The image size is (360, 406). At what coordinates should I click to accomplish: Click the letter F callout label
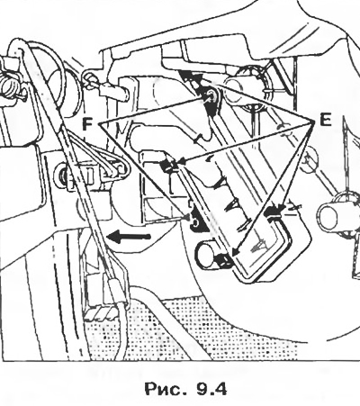tap(87, 123)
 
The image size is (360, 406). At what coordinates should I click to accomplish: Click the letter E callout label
tap(325, 120)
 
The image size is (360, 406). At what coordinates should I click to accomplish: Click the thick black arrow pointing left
tap(129, 238)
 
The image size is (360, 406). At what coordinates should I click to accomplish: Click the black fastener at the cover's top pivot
tap(211, 100)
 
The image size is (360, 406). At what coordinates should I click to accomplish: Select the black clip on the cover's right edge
tap(272, 212)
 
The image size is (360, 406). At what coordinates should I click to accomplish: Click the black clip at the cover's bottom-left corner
tap(224, 259)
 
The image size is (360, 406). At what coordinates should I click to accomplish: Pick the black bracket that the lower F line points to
tap(197, 220)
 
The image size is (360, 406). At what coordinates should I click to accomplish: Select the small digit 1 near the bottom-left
tap(80, 350)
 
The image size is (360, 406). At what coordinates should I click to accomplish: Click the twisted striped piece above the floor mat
tap(101, 314)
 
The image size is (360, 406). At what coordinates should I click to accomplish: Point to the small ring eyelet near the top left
tap(88, 77)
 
